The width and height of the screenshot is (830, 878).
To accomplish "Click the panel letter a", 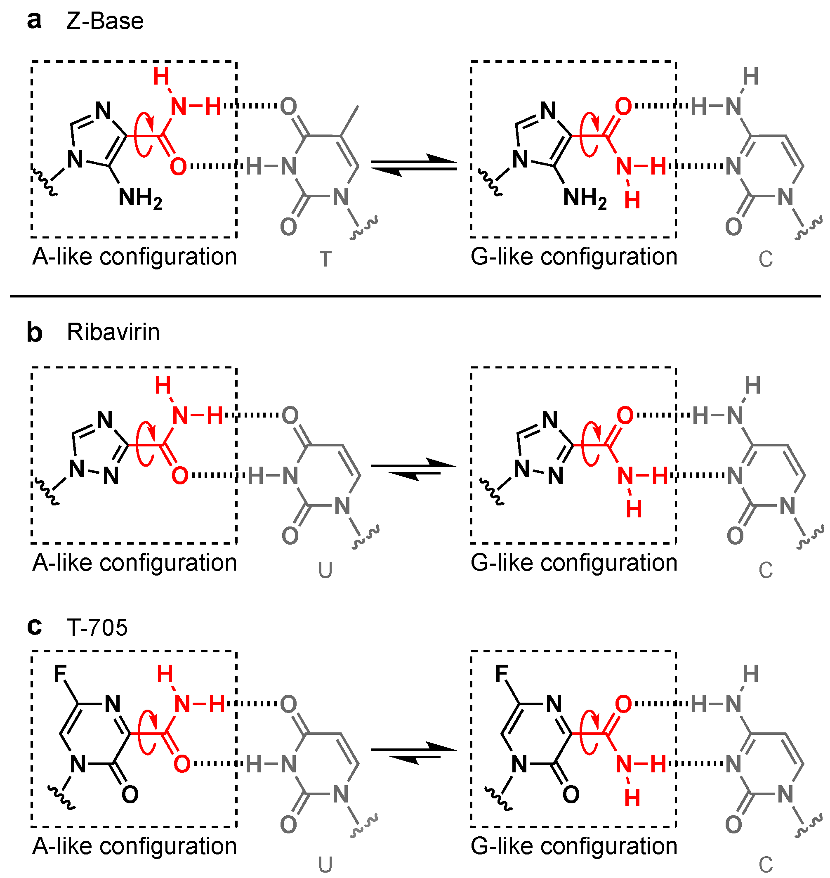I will [x=34, y=21].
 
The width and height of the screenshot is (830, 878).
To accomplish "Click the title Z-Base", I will [x=105, y=21].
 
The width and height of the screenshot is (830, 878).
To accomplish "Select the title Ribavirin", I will [x=113, y=332].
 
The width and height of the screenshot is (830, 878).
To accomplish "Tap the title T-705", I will [x=97, y=628].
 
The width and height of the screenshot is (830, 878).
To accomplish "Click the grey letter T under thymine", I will [x=325, y=259].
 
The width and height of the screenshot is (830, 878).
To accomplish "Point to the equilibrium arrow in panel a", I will [x=413, y=165].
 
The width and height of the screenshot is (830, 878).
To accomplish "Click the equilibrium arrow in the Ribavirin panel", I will [x=413, y=470].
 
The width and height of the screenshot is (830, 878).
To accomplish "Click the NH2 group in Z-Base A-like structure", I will [x=140, y=198].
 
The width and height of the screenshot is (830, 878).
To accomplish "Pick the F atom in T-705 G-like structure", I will [x=501, y=675].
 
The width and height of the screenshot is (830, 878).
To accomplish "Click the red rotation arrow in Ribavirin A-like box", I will [x=146, y=444].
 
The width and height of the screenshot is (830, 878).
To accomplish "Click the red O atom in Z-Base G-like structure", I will [x=623, y=106].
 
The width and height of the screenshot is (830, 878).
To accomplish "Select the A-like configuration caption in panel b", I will [x=134, y=563].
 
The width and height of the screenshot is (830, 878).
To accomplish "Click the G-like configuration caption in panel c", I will [x=574, y=846].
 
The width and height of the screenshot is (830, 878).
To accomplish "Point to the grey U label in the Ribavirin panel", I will [x=325, y=570].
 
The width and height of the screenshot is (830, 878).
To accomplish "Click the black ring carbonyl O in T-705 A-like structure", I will [x=130, y=795].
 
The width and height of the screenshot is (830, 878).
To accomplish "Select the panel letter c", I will [x=34, y=628].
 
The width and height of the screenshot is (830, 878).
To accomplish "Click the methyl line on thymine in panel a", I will [x=349, y=120].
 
